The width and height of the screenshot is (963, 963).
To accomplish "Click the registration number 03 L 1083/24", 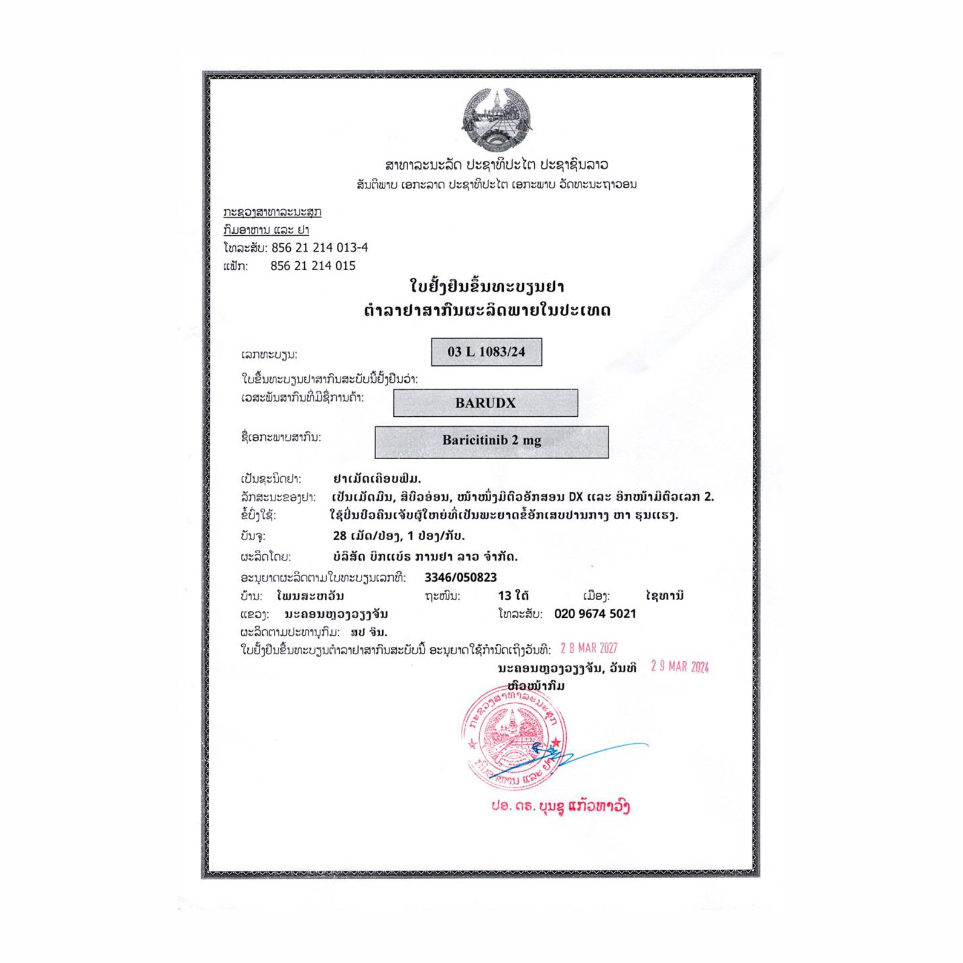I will [x=486, y=352].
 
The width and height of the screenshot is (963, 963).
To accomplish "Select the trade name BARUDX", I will [x=485, y=403].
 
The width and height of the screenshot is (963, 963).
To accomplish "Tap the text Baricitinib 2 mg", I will [x=491, y=440].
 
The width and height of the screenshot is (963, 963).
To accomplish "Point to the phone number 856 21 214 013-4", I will [x=320, y=248].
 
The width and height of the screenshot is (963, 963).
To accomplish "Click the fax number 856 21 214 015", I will [x=313, y=266].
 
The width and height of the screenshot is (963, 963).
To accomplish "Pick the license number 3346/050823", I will [x=460, y=577].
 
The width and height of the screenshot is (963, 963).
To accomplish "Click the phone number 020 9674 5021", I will [x=595, y=614].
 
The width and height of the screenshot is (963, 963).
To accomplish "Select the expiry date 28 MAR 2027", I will [x=589, y=648].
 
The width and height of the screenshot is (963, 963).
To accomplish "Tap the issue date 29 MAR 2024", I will [x=680, y=667].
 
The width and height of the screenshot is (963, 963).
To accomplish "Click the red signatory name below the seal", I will [x=560, y=807].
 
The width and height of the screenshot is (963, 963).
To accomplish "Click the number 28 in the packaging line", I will [x=340, y=536].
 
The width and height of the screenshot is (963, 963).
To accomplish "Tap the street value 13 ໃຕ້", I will [x=514, y=596].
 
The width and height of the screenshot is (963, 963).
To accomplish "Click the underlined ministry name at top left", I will [x=272, y=212].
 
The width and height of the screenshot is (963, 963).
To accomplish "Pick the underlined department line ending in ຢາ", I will [x=266, y=230].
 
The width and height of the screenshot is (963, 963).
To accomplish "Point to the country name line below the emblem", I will [x=496, y=165].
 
